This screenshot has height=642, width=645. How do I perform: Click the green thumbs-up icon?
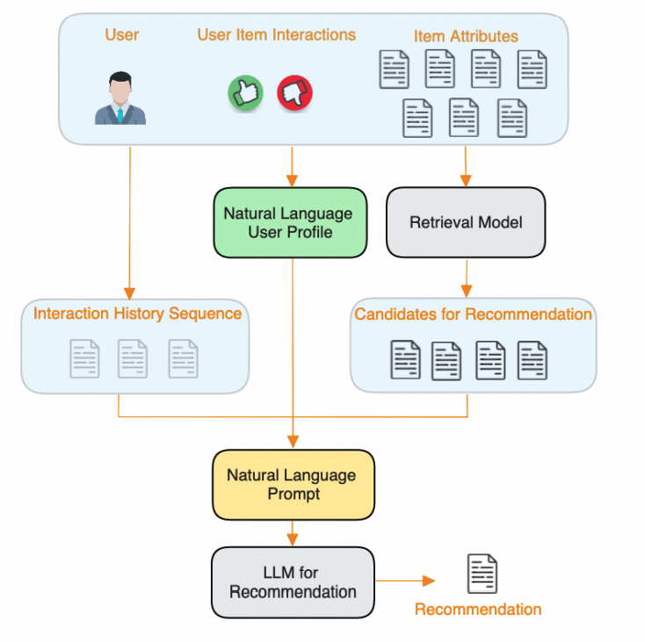point(246,92)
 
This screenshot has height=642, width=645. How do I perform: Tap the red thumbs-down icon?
point(294,92)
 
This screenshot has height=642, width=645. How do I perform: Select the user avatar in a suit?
point(120,97)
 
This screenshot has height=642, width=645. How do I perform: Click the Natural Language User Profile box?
point(288,222)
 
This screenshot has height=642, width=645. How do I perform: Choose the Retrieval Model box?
point(466,222)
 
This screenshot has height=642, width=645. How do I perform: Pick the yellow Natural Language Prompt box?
point(293,484)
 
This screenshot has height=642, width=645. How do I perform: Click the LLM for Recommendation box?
point(293,581)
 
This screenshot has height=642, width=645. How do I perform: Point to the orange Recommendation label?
point(477,610)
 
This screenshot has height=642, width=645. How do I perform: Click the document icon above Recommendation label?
point(482,573)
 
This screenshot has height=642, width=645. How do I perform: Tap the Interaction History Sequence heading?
point(137,314)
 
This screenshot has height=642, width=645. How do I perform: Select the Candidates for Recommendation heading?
point(473,314)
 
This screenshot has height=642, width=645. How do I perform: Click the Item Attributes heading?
point(466,36)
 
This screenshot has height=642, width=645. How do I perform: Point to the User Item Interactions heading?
point(276,35)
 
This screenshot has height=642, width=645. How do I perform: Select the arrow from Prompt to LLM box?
point(293,532)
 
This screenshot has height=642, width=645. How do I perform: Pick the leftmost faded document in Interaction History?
point(84,358)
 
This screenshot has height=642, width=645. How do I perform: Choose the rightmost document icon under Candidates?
point(533,359)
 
